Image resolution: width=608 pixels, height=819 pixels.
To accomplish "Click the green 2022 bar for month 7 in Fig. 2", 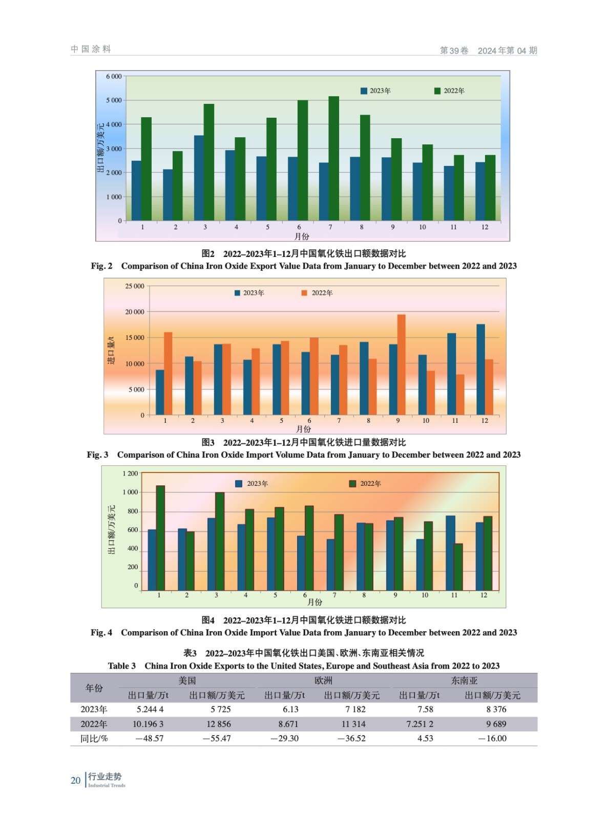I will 333,159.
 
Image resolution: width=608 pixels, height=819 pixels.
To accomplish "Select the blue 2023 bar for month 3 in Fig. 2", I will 199,178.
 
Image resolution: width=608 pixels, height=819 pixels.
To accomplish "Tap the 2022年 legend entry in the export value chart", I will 449,91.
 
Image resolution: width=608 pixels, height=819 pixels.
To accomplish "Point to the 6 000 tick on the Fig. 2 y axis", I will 114,77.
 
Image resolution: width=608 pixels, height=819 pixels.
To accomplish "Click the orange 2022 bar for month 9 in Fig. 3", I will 402,364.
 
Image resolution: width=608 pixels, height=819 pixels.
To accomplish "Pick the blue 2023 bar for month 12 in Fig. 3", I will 480,369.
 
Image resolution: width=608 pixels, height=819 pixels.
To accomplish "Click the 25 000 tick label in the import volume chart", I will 135,286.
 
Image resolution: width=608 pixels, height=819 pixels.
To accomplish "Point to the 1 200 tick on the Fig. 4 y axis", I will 130,474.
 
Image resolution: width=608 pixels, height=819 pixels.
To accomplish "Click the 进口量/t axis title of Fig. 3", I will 111,350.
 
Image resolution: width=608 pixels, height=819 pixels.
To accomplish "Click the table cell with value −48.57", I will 150,739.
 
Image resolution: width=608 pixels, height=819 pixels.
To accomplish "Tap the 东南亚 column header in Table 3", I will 464,681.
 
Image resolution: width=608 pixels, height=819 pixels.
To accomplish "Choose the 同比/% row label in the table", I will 94,739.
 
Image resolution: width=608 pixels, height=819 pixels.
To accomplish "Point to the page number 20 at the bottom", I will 75,781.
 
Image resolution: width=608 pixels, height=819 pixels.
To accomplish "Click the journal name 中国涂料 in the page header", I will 91,49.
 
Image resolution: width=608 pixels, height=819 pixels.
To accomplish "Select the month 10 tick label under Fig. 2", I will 422,227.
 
